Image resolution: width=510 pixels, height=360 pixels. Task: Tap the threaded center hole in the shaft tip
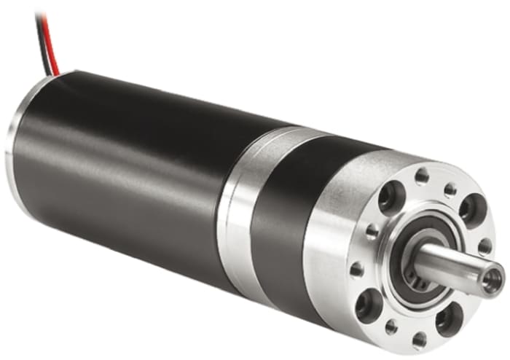(x=493, y=278)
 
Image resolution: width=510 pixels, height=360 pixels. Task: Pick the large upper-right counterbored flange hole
(x=471, y=208)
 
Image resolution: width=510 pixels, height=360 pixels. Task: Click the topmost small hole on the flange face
(x=422, y=175)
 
